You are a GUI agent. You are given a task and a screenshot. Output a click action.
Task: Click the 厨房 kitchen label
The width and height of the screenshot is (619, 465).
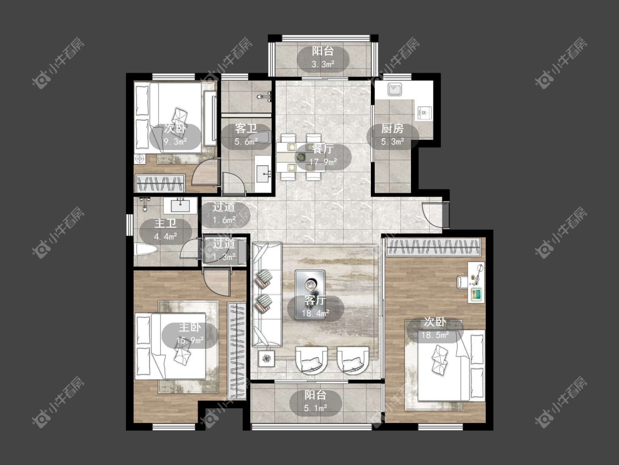[392, 128]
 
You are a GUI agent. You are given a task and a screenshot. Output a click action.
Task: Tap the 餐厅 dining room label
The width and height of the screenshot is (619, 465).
[322, 149]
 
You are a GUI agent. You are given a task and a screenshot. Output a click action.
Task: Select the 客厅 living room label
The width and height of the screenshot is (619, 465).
[315, 300]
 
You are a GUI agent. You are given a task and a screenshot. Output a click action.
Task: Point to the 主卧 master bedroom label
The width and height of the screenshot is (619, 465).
[190, 327]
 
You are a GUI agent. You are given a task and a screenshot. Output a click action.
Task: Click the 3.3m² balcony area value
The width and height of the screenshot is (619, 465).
[323, 64]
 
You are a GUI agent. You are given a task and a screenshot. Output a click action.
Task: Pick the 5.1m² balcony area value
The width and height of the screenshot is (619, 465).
[315, 408]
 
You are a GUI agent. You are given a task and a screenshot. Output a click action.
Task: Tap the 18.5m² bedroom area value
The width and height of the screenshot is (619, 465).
[435, 336]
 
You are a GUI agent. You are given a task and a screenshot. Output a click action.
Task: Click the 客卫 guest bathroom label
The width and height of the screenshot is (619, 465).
[245, 128]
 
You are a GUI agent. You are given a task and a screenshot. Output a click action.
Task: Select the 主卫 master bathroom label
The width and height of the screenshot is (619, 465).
[166, 223]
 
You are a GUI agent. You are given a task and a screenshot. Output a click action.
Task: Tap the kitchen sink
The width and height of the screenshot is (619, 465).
[394, 90]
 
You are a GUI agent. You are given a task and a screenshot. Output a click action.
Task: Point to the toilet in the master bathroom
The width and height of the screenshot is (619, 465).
[146, 250]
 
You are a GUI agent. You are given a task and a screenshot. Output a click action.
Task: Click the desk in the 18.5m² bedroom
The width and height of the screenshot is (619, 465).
[476, 282]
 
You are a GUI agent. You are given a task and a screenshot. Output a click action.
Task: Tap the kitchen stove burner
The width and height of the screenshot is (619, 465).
[425, 113]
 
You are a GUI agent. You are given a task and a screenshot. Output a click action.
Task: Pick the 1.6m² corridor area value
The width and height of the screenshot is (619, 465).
[224, 220]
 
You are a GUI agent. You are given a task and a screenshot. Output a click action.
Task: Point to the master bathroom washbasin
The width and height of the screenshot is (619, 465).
[180, 205]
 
